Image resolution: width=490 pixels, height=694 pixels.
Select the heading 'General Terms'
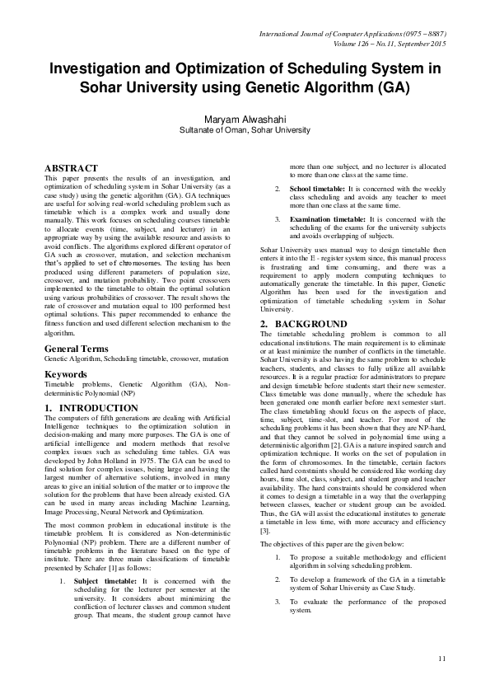click(77, 350)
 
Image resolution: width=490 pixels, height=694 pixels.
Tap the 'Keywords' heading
click(66, 374)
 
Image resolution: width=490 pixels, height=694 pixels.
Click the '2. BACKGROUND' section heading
click(298, 348)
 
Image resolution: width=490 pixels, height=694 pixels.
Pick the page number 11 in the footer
click(442, 658)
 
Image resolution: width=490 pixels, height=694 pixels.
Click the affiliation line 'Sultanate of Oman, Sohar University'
click(245, 130)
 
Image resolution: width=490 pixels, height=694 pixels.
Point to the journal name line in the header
click(353, 34)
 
